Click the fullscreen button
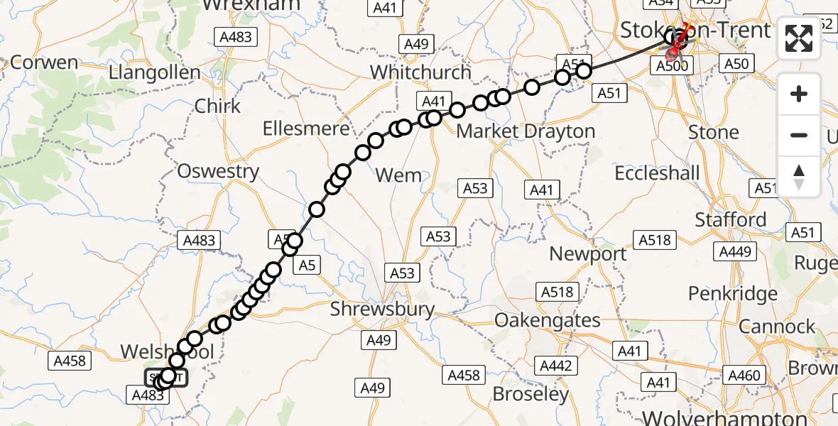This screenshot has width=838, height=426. [799, 38]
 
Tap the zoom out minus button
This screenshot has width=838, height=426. [799, 135]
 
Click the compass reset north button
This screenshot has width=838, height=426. [799, 176]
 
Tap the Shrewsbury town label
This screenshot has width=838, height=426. [383, 309]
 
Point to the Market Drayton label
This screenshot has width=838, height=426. [526, 131]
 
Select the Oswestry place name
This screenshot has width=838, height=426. [218, 171]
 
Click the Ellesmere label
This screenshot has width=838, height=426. [306, 129]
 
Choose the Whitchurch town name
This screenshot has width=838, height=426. [420, 72]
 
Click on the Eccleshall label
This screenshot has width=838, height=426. [657, 173]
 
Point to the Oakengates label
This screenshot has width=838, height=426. [548, 320]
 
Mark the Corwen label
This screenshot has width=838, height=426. [44, 62]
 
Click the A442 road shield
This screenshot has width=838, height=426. [555, 366]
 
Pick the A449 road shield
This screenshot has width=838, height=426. [735, 251]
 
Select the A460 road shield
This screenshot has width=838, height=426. [744, 376]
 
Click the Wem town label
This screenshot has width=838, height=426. [398, 175]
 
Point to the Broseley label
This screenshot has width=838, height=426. [531, 394]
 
